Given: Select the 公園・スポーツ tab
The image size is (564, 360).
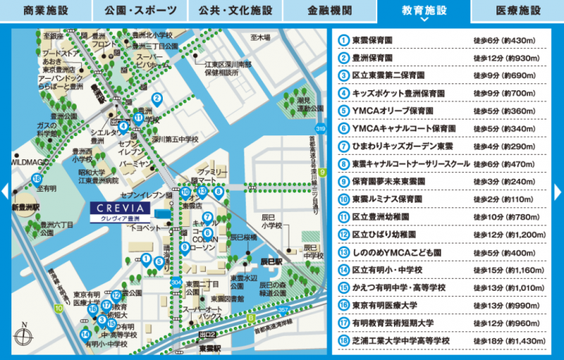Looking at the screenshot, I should click(x=140, y=11).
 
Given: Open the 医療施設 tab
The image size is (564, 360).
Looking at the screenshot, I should click(x=517, y=11).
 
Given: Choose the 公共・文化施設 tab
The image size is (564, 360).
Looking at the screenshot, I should click(x=234, y=11).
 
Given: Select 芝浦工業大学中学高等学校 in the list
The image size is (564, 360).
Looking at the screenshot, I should click(x=400, y=341).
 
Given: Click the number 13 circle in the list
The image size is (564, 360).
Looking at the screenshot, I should click(x=344, y=252).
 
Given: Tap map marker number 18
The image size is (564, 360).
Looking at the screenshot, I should click(x=37, y=178).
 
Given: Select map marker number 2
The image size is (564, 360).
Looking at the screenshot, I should click(x=157, y=99).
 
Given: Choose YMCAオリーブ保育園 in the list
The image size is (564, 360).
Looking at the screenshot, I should click(x=386, y=111).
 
